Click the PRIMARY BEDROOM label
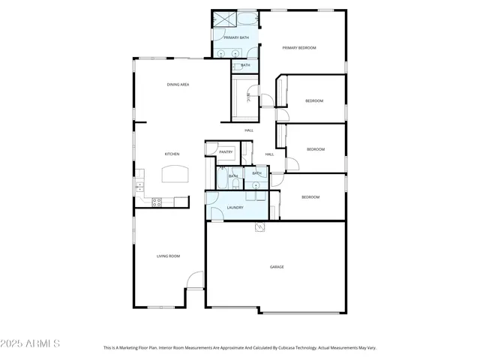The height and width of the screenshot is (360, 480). click(299, 48)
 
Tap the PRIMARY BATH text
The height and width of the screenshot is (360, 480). click(235, 37)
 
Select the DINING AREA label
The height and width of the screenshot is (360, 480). click(178, 85)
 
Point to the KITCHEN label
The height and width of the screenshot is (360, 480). click(172, 154)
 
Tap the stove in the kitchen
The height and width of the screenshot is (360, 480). click(157, 201)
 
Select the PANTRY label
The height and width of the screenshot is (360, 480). click(226, 152)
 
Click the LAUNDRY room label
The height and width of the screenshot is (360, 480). click(235, 207)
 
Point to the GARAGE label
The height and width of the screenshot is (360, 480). click(277, 267)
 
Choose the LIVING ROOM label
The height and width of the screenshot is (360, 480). click(168, 256)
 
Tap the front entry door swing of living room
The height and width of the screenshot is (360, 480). click(194, 280)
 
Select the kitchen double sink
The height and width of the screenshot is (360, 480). click(139, 184)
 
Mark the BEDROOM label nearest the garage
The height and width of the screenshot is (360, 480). click(310, 197)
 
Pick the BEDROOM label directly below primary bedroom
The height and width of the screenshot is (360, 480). click(313, 101)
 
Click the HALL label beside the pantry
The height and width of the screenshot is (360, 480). click(269, 154)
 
